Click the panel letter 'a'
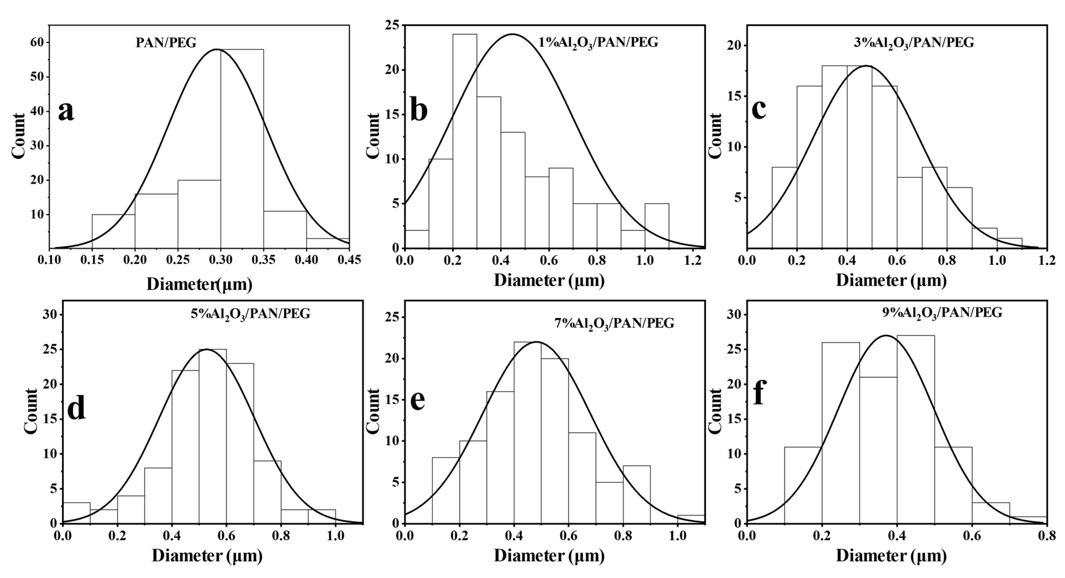click(66, 112)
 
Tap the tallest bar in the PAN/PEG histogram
click(242, 149)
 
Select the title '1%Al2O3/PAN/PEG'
click(598, 43)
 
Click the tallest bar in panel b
click(465, 141)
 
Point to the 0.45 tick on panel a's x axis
click(349, 260)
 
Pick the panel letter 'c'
click(759, 109)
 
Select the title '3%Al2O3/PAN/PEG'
click(914, 43)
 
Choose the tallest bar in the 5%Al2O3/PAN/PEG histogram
click(213, 436)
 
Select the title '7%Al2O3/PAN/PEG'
click(614, 323)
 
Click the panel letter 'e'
click(418, 400)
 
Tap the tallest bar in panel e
click(527, 432)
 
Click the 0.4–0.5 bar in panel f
click(915, 430)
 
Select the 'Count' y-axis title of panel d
click(31, 411)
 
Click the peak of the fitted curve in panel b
click(513, 34)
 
